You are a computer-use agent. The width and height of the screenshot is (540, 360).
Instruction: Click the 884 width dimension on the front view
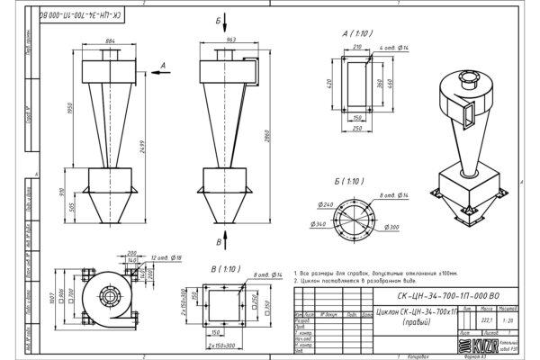point(110,41)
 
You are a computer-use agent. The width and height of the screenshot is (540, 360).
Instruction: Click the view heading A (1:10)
point(358,33)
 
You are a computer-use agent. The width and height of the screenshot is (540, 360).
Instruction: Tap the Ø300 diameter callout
point(391,229)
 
